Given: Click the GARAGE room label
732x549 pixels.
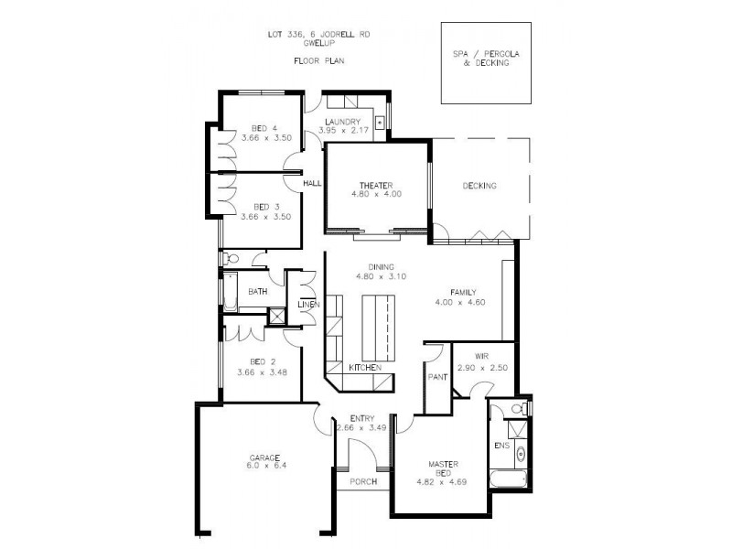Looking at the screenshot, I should tap(264, 457).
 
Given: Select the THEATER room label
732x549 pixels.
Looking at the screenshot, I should tap(375, 185).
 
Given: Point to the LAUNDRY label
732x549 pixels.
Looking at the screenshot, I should tap(342, 122).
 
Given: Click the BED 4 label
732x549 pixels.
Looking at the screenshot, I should tap(264, 128).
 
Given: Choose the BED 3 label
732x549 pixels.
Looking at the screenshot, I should tap(264, 207).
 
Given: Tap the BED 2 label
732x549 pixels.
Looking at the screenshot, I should tap(264, 362).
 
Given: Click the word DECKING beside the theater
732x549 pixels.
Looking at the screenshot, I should tap(479, 186).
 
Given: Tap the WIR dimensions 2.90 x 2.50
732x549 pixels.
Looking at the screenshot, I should tap(482, 367).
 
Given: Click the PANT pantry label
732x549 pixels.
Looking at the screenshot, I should tap(436, 375).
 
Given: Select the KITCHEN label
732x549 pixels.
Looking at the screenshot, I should tap(364, 368).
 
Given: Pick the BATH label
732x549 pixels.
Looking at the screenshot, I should tap(257, 293).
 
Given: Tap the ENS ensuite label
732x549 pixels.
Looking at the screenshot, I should tap(501, 446).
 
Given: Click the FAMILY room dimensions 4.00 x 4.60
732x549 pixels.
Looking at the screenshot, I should tap(459, 302).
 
